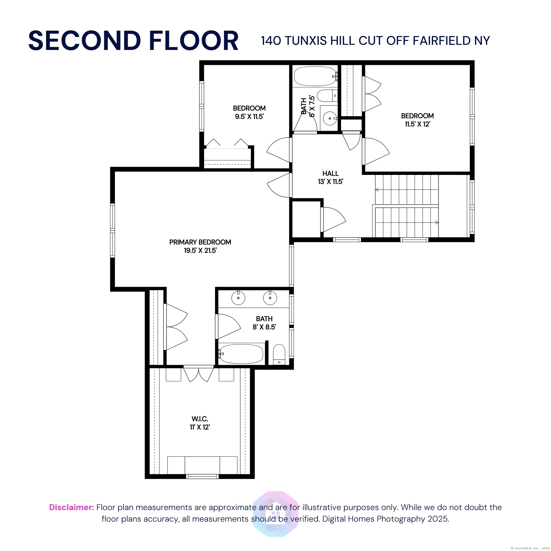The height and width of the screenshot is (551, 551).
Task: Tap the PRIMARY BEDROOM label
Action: pos(200,242)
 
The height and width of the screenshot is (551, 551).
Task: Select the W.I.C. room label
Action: pos(200,419)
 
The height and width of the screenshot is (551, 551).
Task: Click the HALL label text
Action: pos(331,173)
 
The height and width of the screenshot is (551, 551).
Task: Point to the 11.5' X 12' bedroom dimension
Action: pos(418,124)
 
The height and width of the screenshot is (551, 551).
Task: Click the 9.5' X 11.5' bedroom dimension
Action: pos(249,117)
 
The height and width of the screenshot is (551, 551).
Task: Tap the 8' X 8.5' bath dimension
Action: pos(264,327)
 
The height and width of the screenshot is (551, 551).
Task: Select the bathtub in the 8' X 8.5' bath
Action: pos(241,354)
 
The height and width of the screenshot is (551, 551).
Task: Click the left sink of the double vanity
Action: pos(238,298)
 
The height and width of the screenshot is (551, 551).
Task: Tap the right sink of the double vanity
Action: pos(270,298)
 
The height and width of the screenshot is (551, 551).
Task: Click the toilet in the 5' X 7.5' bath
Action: pos(327,96)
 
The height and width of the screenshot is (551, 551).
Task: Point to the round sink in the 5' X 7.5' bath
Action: pos(330,118)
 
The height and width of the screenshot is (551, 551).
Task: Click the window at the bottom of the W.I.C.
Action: pos(202,476)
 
